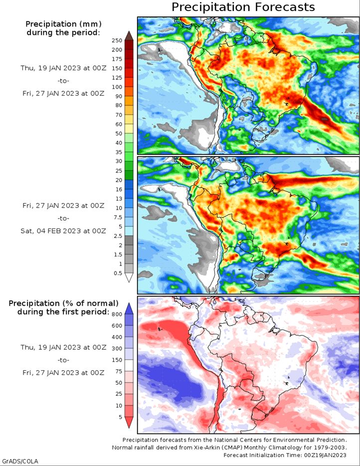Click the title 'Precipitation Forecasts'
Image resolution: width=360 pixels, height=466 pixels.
pyautogui.click(x=243, y=7)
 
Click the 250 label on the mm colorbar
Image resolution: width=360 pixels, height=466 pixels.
pyautogui.click(x=117, y=40)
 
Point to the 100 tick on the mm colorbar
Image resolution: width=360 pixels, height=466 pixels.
pyautogui.click(x=117, y=87)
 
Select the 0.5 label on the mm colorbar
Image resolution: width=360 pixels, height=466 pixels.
pyautogui.click(x=118, y=273)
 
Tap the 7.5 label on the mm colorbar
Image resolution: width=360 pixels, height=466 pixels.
pyautogui.click(x=118, y=217)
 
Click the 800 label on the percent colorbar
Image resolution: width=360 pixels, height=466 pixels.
pyautogui.click(x=117, y=314)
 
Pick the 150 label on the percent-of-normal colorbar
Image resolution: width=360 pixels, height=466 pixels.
pyautogui.click(x=117, y=360)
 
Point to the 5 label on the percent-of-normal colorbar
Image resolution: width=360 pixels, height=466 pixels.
pyautogui.click(x=120, y=417)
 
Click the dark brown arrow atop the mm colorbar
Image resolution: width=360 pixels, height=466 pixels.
pyautogui.click(x=129, y=35)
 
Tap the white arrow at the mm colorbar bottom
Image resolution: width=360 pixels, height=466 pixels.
pyautogui.click(x=129, y=277)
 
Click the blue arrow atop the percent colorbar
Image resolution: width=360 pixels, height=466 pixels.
pyautogui.click(x=129, y=308)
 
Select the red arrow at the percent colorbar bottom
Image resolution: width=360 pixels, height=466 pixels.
pyautogui.click(x=129, y=422)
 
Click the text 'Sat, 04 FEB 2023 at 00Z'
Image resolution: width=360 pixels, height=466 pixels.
pyautogui.click(x=63, y=231)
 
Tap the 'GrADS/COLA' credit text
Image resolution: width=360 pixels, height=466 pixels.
pyautogui.click(x=20, y=461)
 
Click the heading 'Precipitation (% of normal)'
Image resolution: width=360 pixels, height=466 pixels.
pyautogui.click(x=63, y=303)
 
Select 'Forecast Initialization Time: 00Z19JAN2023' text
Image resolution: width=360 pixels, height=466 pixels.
pyautogui.click(x=285, y=455)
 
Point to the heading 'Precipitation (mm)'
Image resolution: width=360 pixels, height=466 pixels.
pyautogui.click(x=63, y=24)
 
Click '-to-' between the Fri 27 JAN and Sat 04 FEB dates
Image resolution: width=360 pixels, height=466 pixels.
pyautogui.click(x=63, y=219)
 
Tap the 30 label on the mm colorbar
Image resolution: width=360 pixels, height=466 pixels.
pyautogui.click(x=119, y=161)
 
